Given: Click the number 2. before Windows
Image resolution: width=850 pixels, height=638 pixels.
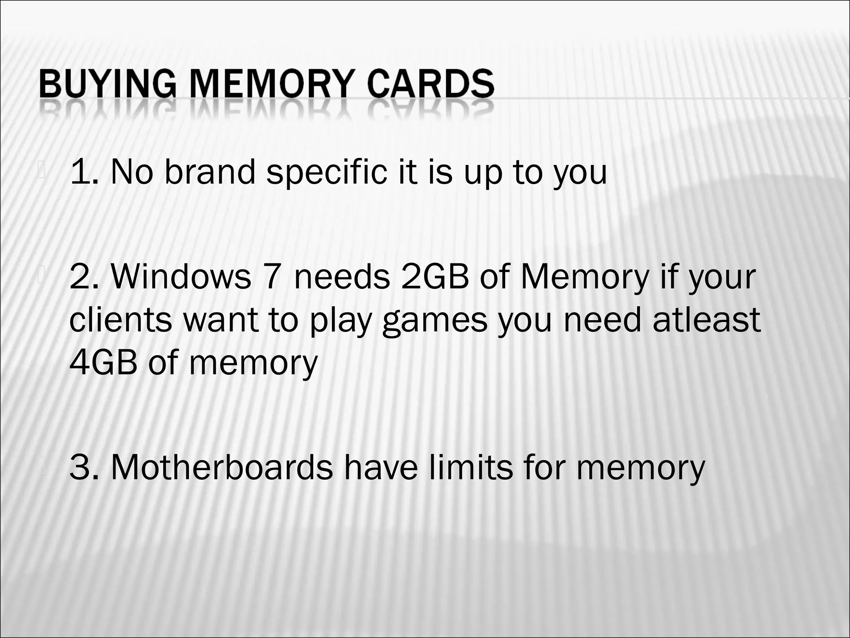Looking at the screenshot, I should (x=85, y=277).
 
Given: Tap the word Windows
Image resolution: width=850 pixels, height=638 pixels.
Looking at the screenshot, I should (x=181, y=277).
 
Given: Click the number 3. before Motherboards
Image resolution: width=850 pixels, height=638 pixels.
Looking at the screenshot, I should (x=85, y=467).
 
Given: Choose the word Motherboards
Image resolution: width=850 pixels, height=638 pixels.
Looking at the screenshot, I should (x=222, y=467).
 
